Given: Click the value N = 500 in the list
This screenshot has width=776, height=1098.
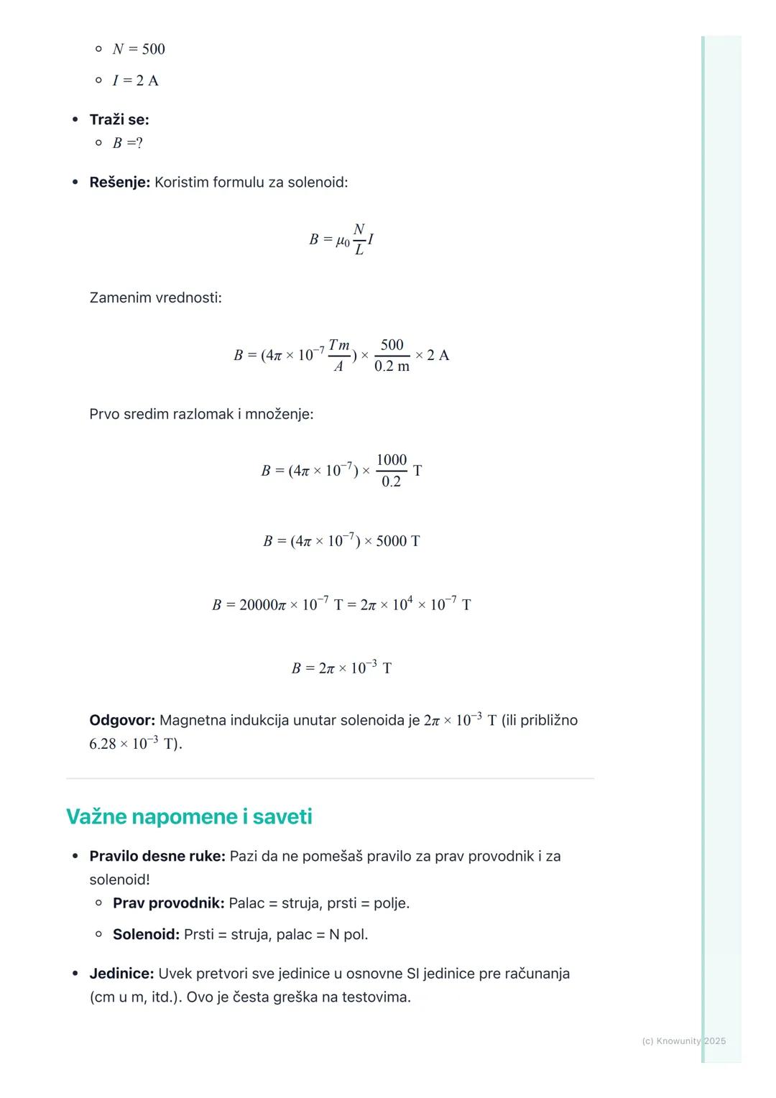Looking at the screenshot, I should click(139, 49).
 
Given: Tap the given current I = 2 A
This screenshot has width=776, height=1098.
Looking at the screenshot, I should click(135, 80).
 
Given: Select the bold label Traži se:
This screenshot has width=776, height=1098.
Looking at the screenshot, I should click(119, 120).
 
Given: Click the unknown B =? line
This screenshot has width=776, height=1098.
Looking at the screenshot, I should click(128, 143).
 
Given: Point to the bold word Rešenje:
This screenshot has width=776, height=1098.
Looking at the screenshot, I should click(119, 183).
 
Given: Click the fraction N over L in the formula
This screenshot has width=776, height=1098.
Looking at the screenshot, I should click(359, 239).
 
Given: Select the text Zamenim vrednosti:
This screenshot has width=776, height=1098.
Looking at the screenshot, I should click(155, 297).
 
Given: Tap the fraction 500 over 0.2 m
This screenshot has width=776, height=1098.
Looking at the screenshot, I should click(392, 355).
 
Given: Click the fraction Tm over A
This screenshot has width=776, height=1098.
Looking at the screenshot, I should click(338, 355).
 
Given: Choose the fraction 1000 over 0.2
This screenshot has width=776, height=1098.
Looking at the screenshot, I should click(392, 471).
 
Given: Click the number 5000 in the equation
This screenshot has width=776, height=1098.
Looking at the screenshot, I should click(392, 541).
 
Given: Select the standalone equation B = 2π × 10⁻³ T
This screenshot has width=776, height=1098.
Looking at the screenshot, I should click(341, 668).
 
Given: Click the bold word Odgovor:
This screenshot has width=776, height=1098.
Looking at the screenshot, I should click(122, 720).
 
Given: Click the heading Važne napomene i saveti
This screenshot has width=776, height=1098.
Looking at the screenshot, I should click(189, 816).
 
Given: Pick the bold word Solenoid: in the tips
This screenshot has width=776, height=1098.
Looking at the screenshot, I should click(146, 934).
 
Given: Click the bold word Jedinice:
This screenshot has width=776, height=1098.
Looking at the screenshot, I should click(121, 974).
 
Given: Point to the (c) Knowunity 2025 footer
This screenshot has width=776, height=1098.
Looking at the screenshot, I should click(683, 1041).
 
